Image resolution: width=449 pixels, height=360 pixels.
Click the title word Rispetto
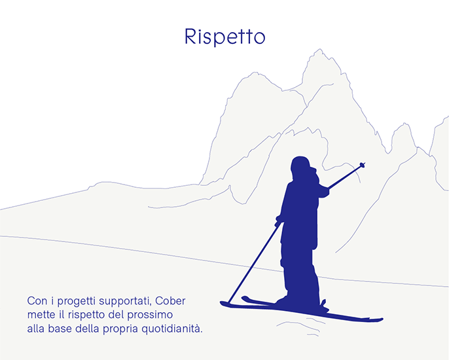coord(225,37)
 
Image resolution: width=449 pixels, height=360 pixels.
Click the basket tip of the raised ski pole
coord(362,164)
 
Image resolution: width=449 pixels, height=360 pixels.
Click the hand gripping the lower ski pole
coord(278,220)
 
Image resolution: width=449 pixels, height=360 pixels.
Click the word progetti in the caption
coord(76,302)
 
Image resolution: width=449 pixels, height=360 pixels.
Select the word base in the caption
coord(60,329)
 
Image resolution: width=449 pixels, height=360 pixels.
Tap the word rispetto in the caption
coord(86,315)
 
